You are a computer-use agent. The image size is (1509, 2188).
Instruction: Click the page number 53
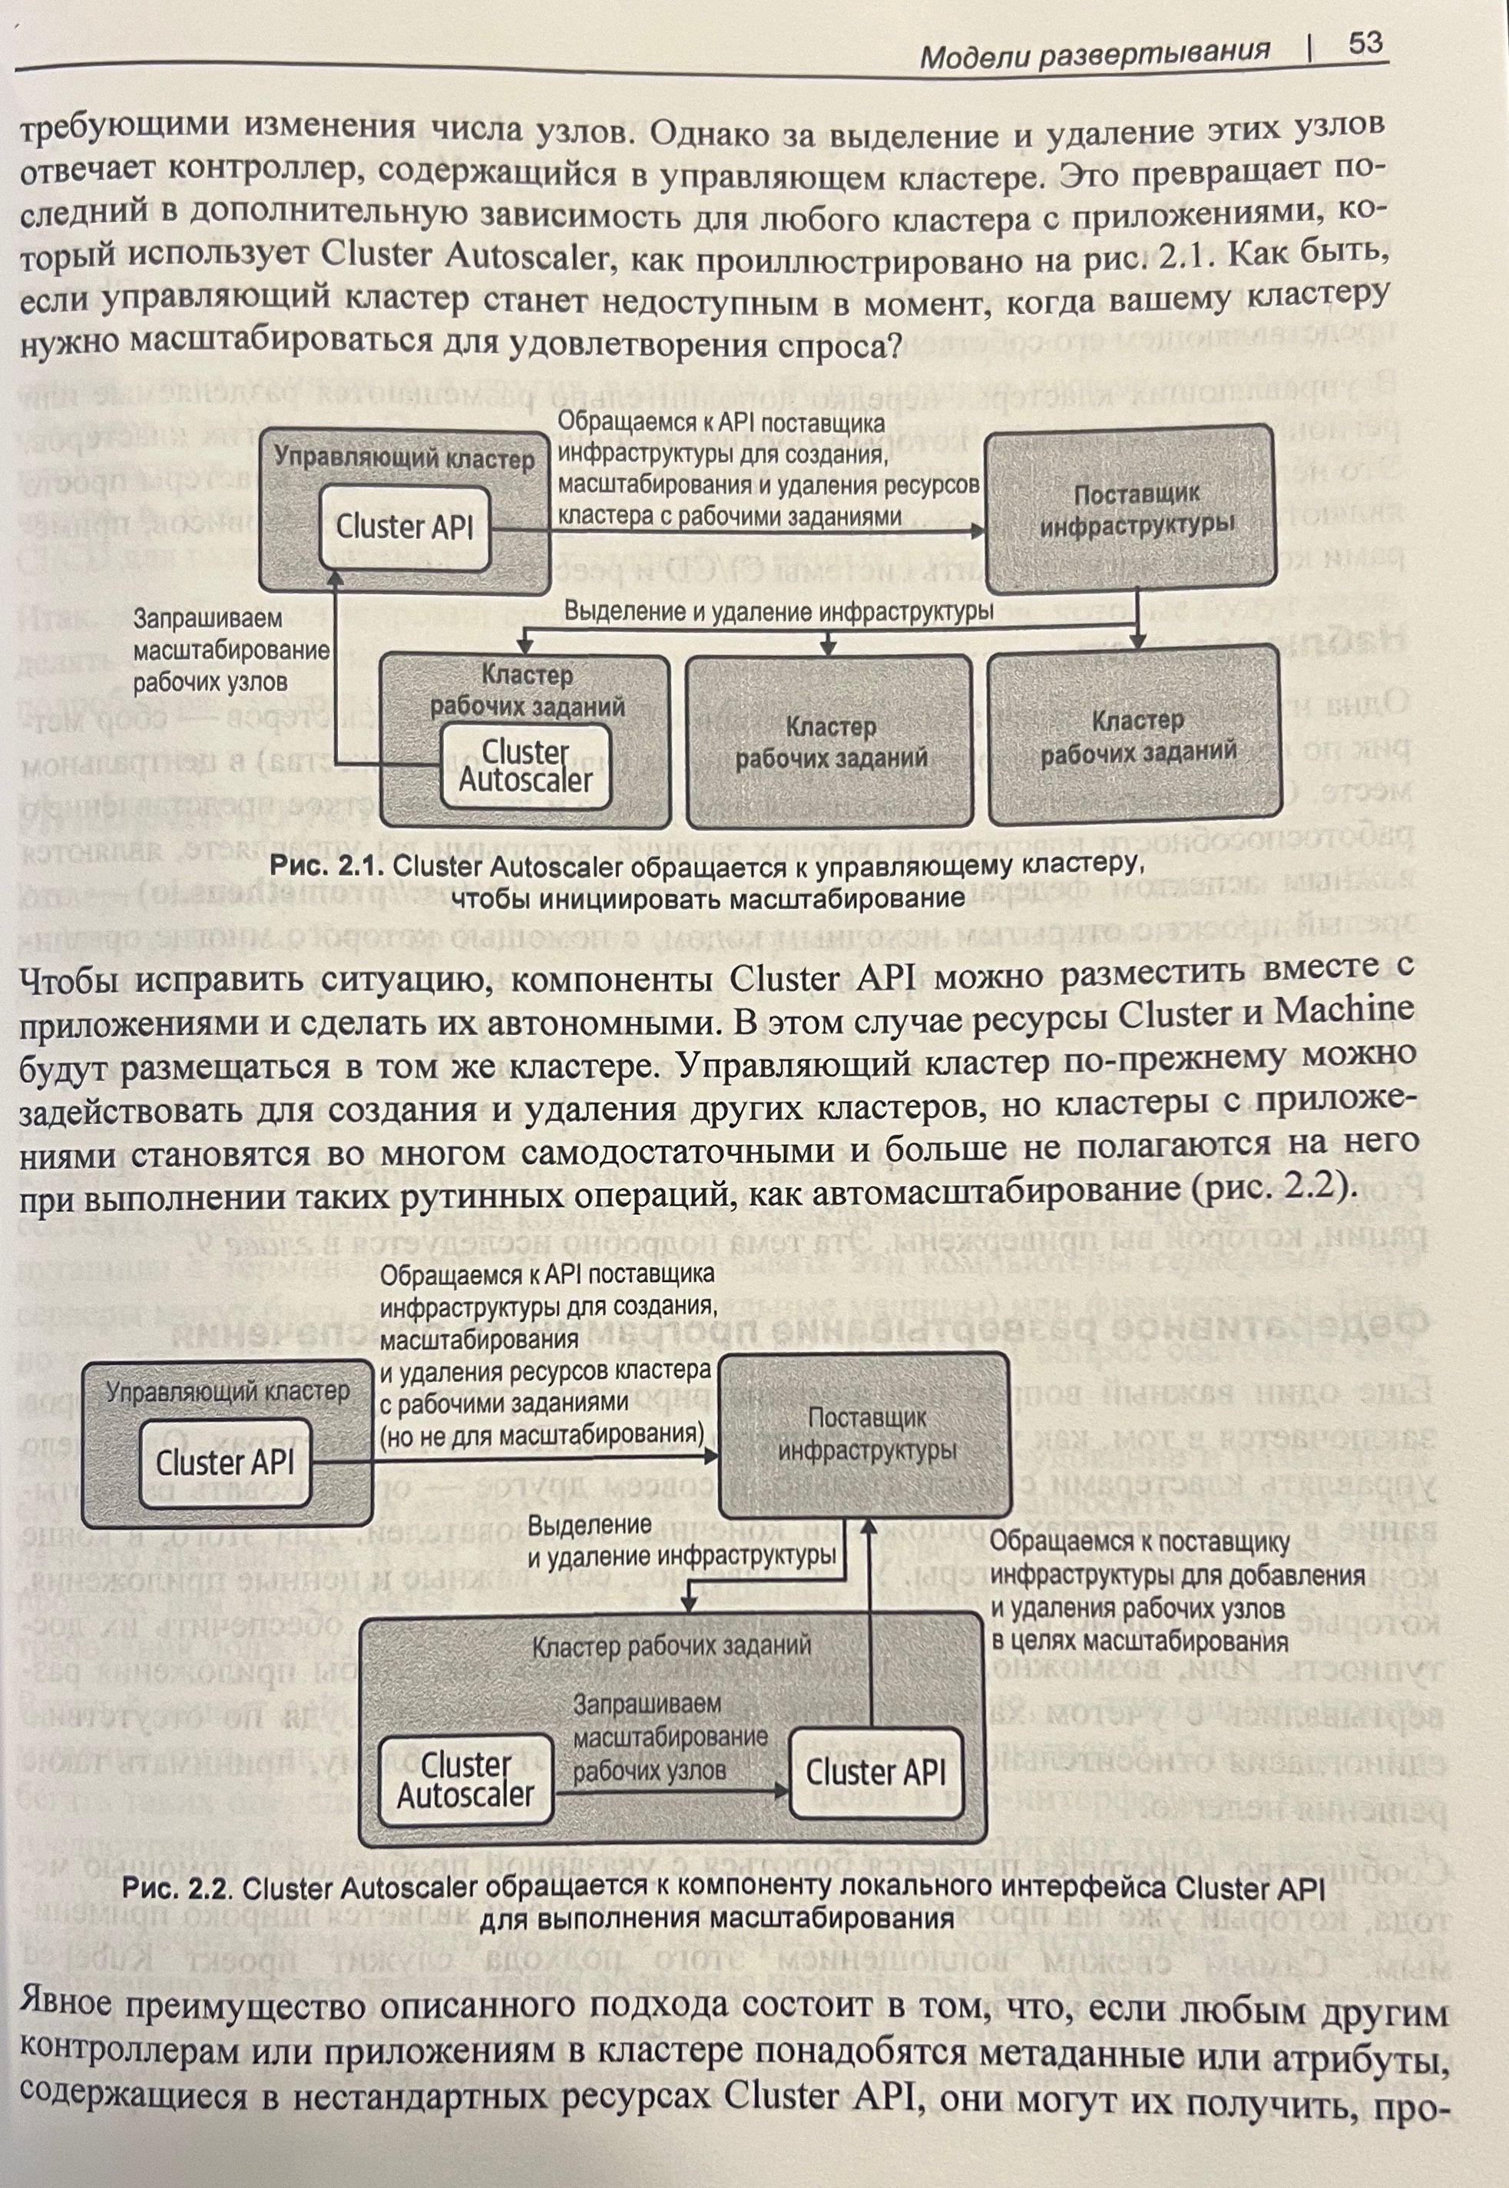[1365, 44]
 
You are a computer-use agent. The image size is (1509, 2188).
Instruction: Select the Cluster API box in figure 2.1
[405, 527]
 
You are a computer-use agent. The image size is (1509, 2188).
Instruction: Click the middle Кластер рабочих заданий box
[829, 742]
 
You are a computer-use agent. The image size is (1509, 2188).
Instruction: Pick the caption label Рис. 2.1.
[327, 866]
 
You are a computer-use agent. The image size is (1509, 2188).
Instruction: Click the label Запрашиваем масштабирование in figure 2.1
[230, 650]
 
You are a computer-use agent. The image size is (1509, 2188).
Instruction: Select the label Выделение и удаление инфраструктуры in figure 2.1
[778, 612]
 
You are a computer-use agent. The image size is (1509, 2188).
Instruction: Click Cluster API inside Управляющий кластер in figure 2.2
[225, 1464]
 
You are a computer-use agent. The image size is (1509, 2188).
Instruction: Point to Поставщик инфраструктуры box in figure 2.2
[867, 1435]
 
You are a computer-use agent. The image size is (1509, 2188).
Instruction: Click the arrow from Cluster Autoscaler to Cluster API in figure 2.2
[671, 1789]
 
